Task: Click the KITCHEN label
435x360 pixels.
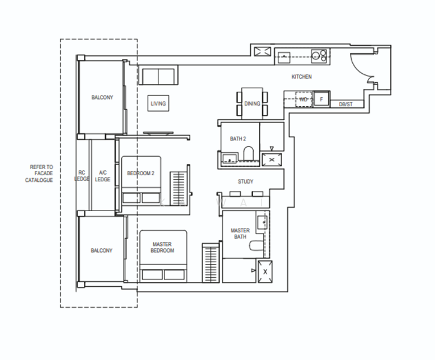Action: (x=301, y=77)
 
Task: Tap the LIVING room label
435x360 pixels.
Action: (x=158, y=104)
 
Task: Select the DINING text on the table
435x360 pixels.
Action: (x=252, y=104)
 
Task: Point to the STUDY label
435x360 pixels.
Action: (x=245, y=181)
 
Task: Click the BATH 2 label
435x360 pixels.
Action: (x=238, y=139)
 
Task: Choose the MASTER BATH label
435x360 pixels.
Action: (x=241, y=233)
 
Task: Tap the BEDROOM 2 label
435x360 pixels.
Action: (x=141, y=174)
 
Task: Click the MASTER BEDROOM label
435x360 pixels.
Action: (x=162, y=247)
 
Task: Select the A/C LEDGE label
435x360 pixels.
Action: (x=103, y=176)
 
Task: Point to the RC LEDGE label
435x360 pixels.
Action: (x=82, y=176)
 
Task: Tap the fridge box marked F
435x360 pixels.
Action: (x=321, y=99)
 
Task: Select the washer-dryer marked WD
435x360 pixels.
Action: (x=304, y=99)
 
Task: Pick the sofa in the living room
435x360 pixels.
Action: (x=159, y=76)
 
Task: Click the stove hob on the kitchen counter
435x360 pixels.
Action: (x=318, y=56)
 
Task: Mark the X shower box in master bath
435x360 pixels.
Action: (x=265, y=271)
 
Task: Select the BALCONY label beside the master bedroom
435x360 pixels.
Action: (x=101, y=251)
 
